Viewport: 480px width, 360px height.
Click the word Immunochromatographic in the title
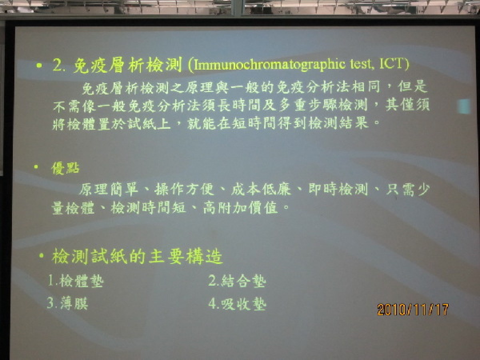270,65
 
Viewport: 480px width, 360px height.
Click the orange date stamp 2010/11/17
413,310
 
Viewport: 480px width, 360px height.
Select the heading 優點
66,168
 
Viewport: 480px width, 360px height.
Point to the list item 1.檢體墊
76,280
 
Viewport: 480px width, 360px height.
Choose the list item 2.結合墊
237,280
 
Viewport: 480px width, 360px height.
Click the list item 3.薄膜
68,303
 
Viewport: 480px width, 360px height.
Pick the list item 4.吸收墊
237,304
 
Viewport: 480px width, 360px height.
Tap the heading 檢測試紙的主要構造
137,256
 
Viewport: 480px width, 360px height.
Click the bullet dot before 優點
36,167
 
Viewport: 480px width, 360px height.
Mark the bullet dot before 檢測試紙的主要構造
42,255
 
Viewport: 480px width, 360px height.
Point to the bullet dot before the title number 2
39,65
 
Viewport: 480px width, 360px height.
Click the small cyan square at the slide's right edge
464,106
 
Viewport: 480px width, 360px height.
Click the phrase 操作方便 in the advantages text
184,189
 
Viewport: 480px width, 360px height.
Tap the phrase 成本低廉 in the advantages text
261,189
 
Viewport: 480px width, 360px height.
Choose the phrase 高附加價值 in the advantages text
240,208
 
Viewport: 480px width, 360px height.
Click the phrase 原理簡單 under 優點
108,189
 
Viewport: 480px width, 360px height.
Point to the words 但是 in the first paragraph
412,86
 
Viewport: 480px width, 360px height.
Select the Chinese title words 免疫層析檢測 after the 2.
128,65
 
